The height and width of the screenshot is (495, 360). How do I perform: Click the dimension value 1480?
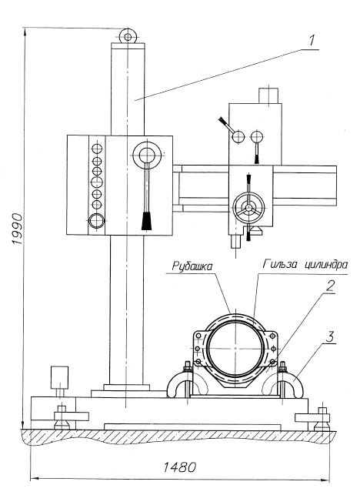coord(179,467)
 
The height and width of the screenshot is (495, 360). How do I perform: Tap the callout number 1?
coord(312,40)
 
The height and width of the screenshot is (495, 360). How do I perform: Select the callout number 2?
coord(329,286)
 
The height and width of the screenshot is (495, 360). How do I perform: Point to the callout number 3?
coord(329,337)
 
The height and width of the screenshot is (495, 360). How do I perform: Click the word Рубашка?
coord(192,266)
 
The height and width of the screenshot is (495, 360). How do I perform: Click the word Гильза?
coord(280,264)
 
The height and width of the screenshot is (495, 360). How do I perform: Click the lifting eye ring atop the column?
coord(128,37)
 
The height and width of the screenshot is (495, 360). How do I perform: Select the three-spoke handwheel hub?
coord(249,208)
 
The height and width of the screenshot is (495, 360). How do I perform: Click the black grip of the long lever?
coord(146,221)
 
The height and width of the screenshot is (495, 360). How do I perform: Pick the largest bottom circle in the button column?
coord(97,221)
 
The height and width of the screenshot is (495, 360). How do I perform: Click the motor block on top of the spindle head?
coord(268,95)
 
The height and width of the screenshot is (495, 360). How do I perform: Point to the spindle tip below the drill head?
coord(235,242)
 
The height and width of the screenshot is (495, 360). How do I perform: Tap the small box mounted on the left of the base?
coord(60,377)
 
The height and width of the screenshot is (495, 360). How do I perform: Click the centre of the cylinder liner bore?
coord(235,348)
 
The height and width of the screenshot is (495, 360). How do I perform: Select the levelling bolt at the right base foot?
coord(322,420)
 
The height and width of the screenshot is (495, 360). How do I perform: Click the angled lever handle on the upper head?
coord(227,125)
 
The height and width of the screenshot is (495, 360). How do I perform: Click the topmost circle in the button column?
coord(97,148)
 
